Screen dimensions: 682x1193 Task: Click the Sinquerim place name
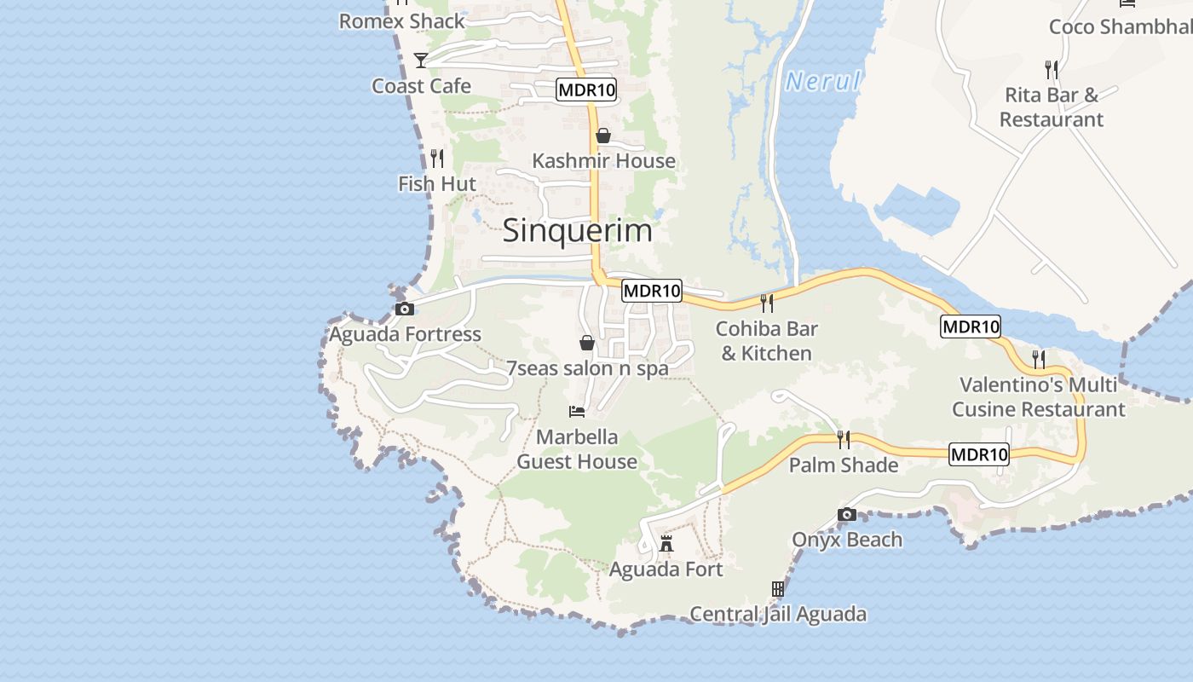pos(577,230)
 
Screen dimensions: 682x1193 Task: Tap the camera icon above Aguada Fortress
pos(405,309)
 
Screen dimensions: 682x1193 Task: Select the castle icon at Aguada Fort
pos(666,543)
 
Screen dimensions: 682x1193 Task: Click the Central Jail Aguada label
pos(777,614)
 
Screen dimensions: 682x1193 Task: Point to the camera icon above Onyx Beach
pos(846,514)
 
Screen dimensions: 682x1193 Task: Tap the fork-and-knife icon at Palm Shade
pos(844,440)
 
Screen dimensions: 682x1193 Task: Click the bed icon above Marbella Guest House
pos(577,412)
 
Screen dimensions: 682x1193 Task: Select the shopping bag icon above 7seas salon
pos(587,343)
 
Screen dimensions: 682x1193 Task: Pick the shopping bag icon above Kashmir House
pos(603,136)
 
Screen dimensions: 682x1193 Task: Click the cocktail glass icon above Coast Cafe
pos(421,60)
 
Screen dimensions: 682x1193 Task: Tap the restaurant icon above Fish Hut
pos(437,158)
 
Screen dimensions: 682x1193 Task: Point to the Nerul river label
pos(823,82)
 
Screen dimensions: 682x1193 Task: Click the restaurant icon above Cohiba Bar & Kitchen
pos(767,303)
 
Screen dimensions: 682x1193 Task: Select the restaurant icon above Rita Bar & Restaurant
pos(1052,69)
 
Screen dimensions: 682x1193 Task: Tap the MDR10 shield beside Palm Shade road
pos(979,454)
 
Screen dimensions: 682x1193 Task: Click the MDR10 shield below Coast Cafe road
pos(586,90)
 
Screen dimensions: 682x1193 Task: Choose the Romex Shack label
pos(402,21)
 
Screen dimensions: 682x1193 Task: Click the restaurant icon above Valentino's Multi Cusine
pos(1039,359)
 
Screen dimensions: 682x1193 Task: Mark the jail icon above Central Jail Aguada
pos(777,588)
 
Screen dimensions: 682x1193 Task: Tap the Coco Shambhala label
pos(1120,26)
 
